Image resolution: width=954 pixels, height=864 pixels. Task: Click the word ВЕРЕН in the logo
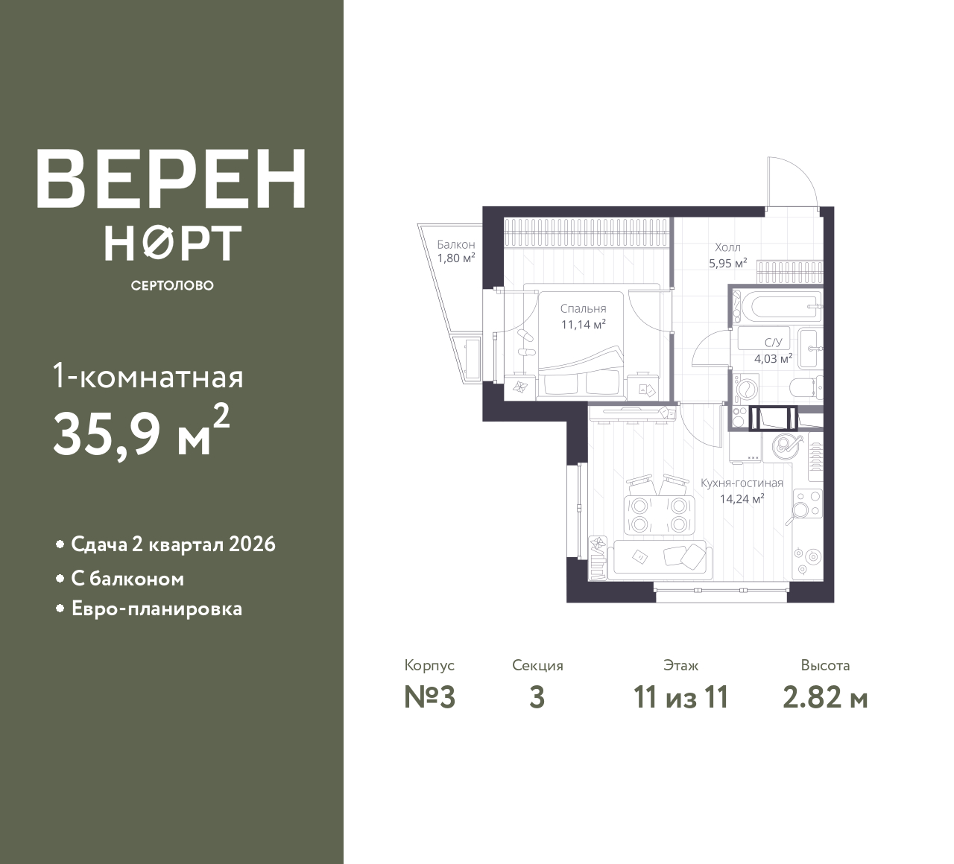coord(171,179)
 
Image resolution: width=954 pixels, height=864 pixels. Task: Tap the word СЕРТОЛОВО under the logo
coord(172,285)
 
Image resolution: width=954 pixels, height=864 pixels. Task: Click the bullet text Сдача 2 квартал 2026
coord(173,544)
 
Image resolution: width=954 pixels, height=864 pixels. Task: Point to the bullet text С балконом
coord(127,579)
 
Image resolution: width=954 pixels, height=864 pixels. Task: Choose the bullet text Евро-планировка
coord(157,609)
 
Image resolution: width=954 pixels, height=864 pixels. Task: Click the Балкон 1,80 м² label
coord(456,252)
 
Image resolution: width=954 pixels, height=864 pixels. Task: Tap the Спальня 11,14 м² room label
coord(583,316)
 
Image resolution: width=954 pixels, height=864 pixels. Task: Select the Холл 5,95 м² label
coord(727,255)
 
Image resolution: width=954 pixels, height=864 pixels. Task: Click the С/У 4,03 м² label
coord(773,350)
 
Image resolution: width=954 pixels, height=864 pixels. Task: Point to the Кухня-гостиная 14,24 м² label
coord(742,491)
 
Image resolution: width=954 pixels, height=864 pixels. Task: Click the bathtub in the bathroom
coord(775,305)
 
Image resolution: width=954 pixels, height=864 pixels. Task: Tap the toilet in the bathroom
coord(806,387)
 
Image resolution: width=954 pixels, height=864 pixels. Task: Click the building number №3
coord(429,698)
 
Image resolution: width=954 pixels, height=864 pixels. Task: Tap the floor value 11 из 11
coord(680,698)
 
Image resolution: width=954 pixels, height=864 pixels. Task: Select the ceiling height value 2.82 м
coord(825,698)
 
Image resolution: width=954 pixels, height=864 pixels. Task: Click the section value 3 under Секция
coord(537,698)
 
